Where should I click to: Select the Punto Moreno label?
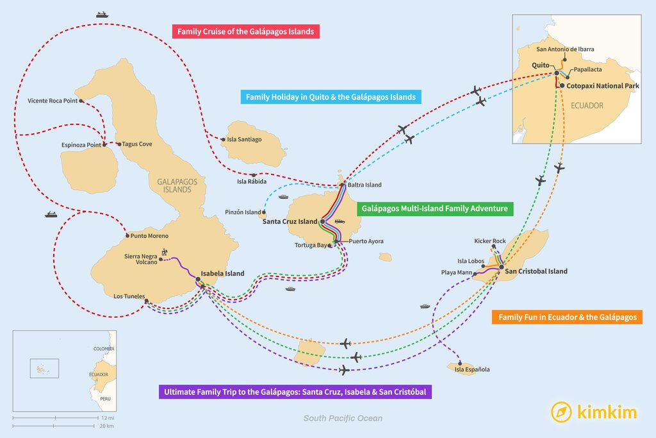point(149,236)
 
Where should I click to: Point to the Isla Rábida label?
point(251,181)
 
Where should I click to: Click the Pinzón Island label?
point(243,212)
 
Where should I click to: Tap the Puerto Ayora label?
point(366,242)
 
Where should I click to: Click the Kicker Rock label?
point(490,241)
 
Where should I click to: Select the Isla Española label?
point(472,369)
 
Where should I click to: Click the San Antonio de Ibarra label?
point(565,49)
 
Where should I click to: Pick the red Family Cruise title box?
point(247,31)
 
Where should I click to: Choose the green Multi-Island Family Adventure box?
point(434,208)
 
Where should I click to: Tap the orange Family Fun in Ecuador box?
point(566,317)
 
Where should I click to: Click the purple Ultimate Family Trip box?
point(295,391)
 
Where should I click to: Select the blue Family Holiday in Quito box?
point(331,97)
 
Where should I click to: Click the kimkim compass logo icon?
point(561,412)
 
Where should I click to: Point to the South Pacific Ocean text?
point(343,418)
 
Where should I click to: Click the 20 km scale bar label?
point(106,426)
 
